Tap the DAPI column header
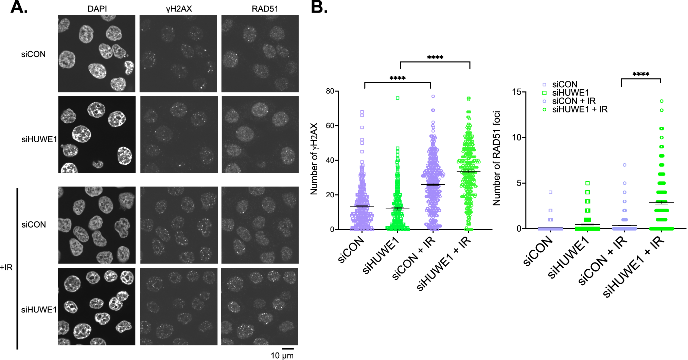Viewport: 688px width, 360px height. [97, 9]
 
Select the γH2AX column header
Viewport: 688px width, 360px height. [179, 9]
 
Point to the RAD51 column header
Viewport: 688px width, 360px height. [265, 9]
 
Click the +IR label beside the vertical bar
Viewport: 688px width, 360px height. [6, 267]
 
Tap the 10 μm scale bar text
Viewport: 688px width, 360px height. [282, 356]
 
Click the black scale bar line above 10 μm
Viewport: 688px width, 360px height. [288, 348]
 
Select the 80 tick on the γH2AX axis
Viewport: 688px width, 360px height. [330, 91]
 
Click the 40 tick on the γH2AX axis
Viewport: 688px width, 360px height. [330, 160]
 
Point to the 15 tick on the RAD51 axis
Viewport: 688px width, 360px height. [517, 92]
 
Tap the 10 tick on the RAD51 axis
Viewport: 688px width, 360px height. [517, 138]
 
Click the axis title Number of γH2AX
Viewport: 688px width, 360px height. [314, 159]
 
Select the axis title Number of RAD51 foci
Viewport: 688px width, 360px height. [497, 158]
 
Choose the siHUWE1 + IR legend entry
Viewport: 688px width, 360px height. [580, 109]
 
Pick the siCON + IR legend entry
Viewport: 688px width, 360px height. [574, 101]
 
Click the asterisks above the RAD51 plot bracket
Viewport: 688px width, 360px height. [641, 74]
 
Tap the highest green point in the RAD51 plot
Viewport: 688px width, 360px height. [661, 101]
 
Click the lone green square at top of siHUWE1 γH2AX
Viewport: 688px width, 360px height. [398, 98]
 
